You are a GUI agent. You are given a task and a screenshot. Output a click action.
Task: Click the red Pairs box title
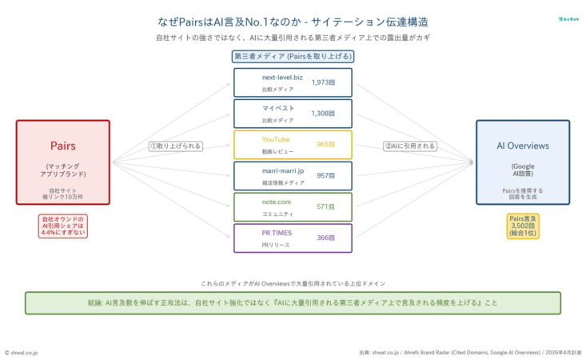click(x=62, y=146)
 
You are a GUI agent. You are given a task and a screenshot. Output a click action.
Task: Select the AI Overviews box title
click(x=523, y=146)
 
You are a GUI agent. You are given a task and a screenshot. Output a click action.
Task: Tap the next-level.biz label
click(x=282, y=78)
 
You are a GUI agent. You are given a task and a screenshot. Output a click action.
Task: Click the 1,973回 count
click(x=323, y=82)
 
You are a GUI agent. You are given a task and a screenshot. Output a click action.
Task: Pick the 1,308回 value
click(x=323, y=114)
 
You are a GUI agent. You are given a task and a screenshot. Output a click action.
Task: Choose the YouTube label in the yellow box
click(x=276, y=140)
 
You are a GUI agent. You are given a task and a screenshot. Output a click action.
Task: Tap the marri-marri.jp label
click(x=283, y=171)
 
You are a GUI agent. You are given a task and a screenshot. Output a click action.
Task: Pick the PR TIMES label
click(x=277, y=234)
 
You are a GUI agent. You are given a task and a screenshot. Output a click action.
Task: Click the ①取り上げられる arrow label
click(x=175, y=146)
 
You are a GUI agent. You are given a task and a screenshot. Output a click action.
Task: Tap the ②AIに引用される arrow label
click(x=409, y=146)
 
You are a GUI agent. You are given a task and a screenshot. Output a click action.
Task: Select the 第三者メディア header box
click(x=292, y=57)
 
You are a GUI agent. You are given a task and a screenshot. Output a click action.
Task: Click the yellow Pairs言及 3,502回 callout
click(x=523, y=226)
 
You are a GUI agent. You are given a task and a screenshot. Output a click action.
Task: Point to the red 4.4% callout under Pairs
click(x=62, y=227)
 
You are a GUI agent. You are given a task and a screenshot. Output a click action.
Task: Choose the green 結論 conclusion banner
click(x=293, y=303)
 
